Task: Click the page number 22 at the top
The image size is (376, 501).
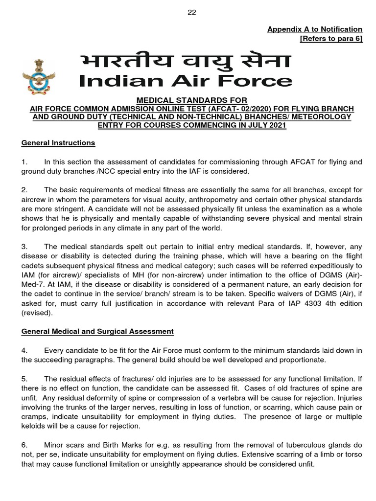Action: coord(191,13)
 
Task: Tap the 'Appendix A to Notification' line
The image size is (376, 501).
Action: coord(314,29)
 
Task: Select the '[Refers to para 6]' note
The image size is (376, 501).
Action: coord(331,39)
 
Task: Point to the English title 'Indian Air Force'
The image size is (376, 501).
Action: coord(186,81)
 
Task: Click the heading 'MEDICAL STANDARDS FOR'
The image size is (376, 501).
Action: coord(188,100)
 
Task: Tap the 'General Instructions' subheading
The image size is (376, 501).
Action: coord(58,143)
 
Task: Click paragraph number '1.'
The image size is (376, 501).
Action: coord(25,162)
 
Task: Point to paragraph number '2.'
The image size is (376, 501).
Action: coord(25,190)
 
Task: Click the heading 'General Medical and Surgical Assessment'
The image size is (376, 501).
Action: coord(97,331)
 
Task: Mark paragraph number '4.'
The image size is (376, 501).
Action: coord(25,350)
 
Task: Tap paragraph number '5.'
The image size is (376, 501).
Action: coord(25,378)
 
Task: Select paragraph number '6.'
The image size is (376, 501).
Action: coord(25,445)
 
